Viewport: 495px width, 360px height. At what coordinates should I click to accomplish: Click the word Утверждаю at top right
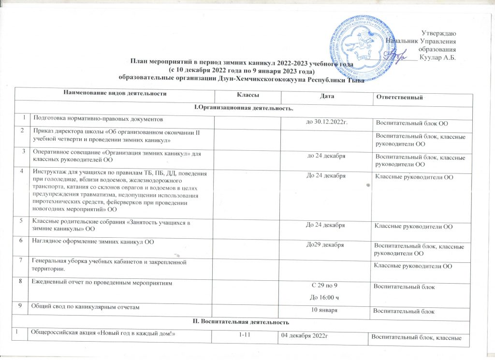[439, 33]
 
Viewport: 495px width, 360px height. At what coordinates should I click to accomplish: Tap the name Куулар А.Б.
[438, 58]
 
